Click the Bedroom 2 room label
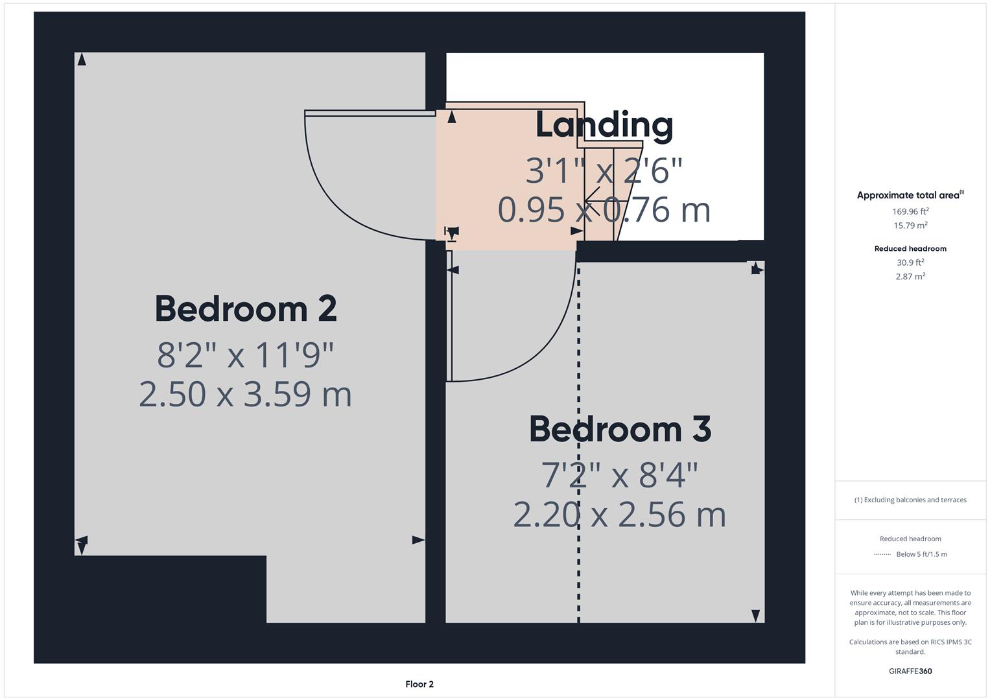[246, 309]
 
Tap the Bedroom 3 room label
[620, 430]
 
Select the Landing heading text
[604, 125]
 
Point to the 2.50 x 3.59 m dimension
[246, 394]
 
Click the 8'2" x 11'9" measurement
[246, 355]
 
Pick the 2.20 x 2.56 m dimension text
[620, 515]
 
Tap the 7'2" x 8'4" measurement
[620, 475]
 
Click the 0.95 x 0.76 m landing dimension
[604, 210]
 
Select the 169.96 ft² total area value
[910, 211]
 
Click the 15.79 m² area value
[910, 226]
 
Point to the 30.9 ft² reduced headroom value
[910, 262]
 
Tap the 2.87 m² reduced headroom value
[910, 277]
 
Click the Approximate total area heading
[910, 195]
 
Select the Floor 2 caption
[419, 684]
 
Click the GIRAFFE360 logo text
[910, 671]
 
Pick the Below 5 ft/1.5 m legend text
[921, 554]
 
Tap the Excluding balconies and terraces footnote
[910, 500]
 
